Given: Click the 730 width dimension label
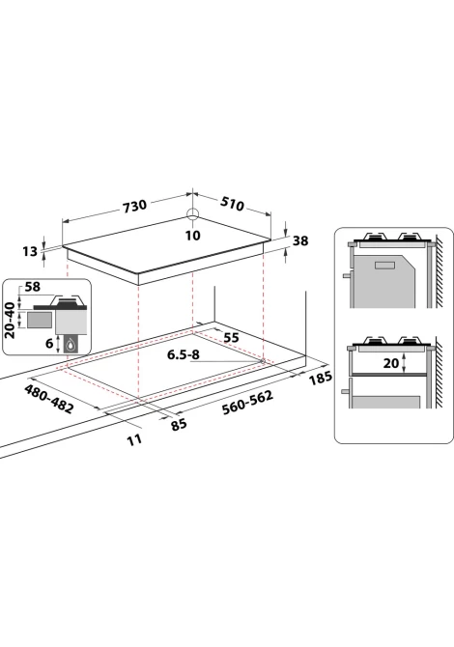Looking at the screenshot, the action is coord(134,205).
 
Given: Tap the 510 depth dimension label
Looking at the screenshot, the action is coord(233,203).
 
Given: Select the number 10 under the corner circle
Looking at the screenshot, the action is coord(193,236).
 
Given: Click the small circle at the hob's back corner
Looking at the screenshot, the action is coord(193,213).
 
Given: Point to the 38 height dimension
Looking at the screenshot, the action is coord(300,240).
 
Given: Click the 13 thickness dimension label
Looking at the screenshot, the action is coord(30,251).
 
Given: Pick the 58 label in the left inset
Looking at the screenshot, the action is coord(33,287).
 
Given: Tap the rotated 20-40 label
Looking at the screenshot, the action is coord(10,321).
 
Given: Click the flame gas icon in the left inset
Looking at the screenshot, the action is coord(71,345).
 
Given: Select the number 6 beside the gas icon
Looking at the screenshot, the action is coord(49,343).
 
